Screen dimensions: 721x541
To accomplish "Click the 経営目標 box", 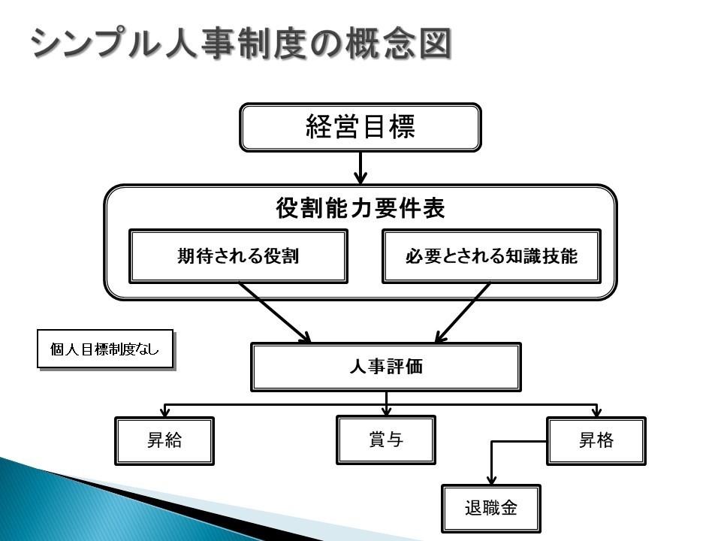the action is click(x=360, y=128).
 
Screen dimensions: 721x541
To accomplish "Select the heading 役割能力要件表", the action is click(x=360, y=208).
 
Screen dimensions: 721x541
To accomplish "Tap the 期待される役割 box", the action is click(x=238, y=256).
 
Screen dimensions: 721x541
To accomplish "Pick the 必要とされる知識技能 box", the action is click(x=491, y=256).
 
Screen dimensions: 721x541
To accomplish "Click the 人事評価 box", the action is click(x=386, y=367).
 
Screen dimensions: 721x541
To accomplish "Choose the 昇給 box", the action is click(x=164, y=441).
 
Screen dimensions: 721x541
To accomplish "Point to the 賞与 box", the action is click(x=386, y=440).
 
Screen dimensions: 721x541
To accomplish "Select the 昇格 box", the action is click(x=596, y=441).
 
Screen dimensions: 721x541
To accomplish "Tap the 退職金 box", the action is click(x=490, y=509).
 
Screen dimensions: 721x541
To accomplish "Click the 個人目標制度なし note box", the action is click(x=105, y=349).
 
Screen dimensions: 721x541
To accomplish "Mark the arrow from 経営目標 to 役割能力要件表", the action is click(x=360, y=168).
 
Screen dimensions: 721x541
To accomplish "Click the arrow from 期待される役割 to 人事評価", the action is click(x=275, y=313).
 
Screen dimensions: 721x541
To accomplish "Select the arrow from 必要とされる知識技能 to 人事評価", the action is click(x=462, y=313).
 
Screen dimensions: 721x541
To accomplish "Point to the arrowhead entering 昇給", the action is click(x=164, y=412).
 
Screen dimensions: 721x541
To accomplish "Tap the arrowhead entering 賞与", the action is click(x=386, y=410).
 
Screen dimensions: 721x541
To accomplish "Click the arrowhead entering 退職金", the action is click(x=491, y=479).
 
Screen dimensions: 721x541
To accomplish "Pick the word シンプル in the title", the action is click(x=95, y=44).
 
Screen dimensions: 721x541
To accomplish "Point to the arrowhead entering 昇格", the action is click(x=596, y=412).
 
